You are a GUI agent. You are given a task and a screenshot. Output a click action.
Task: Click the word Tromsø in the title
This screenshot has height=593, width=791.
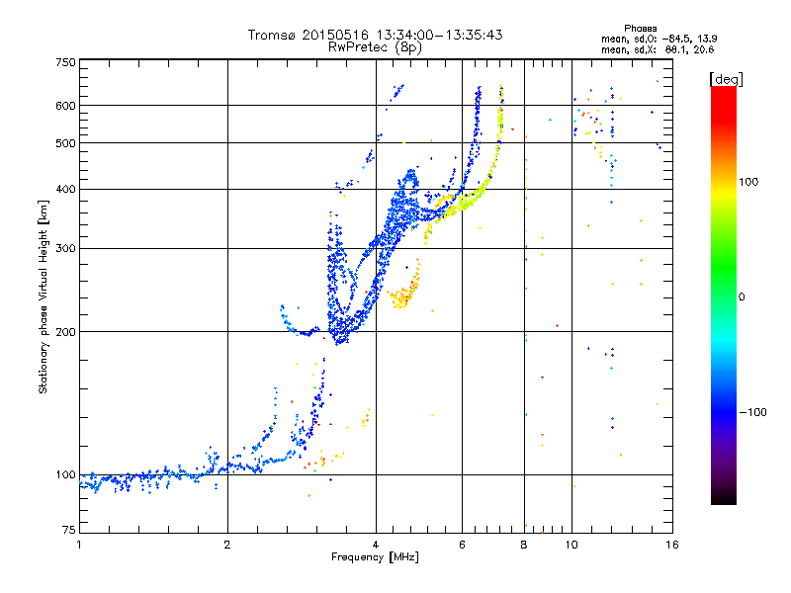tap(273, 35)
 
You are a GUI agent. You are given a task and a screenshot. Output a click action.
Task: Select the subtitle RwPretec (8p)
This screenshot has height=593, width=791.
tap(375, 47)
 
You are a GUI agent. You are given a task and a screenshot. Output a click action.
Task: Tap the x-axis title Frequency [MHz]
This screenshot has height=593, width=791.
tap(375, 557)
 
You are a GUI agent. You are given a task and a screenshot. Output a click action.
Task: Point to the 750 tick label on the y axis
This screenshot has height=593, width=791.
tap(65, 62)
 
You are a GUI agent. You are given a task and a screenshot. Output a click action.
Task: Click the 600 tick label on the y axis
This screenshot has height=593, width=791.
tap(65, 106)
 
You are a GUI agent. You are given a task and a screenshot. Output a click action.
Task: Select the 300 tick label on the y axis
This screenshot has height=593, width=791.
tap(65, 249)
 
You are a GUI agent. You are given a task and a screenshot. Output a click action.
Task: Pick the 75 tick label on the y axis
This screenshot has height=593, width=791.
tap(69, 530)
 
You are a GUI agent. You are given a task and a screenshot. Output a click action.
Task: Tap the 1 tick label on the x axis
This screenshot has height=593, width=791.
tap(79, 545)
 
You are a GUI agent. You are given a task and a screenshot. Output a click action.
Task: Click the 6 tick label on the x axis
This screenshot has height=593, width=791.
tap(462, 545)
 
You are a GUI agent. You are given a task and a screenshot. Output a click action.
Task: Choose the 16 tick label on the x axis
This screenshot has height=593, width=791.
tap(672, 545)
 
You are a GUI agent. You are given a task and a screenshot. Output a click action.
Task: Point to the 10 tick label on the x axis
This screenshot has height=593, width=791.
tap(571, 545)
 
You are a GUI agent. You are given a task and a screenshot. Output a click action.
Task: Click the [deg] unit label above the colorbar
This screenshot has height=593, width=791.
tap(726, 80)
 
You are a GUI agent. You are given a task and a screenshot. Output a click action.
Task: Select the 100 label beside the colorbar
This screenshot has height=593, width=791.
tap(748, 182)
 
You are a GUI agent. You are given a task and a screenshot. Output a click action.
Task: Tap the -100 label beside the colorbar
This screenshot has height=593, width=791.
tap(752, 412)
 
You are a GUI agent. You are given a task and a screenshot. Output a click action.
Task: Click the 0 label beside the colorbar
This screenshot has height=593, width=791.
tap(742, 297)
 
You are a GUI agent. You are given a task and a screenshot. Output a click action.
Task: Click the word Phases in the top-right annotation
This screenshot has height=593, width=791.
tap(640, 29)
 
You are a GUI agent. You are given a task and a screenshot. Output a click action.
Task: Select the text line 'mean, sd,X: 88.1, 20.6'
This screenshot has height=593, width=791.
tap(658, 50)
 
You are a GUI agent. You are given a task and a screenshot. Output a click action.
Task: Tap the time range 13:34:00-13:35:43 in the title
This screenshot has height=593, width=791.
tap(439, 35)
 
